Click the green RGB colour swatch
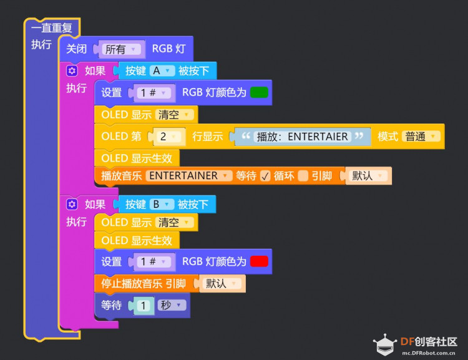pyautogui.click(x=259, y=92)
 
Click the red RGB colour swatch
pyautogui.click(x=259, y=261)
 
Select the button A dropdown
pyautogui.click(x=162, y=71)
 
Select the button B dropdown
pyautogui.click(x=162, y=204)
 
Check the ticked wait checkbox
pyautogui.click(x=265, y=176)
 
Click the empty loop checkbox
pyautogui.click(x=303, y=176)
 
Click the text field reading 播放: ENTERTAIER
pyautogui.click(x=303, y=137)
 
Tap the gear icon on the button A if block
pyautogui.click(x=72, y=71)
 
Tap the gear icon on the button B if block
pyautogui.click(x=72, y=205)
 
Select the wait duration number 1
pyautogui.click(x=144, y=305)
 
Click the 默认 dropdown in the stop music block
pyautogui.click(x=222, y=283)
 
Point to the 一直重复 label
pyautogui.click(x=52, y=27)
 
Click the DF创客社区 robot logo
pyautogui.click(x=385, y=344)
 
